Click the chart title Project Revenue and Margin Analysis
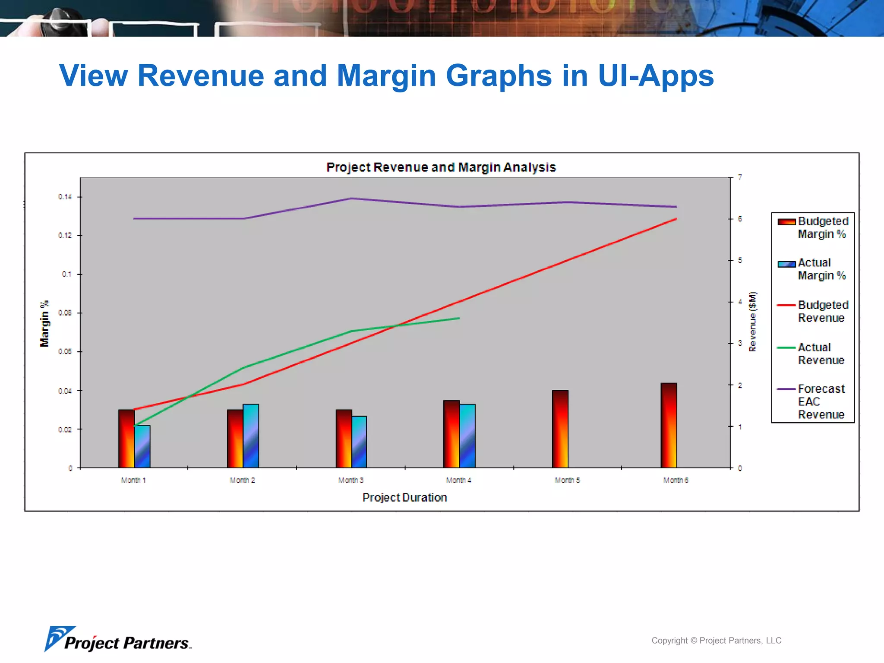click(x=441, y=167)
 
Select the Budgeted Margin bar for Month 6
click(x=669, y=425)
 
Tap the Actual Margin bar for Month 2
click(x=251, y=436)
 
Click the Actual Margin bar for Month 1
click(x=142, y=446)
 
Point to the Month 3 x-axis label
click(x=350, y=480)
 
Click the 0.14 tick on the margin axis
click(x=65, y=197)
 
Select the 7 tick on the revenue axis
click(x=740, y=177)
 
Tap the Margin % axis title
click(x=44, y=323)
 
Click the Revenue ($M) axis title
click(x=752, y=322)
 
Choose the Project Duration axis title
click(x=404, y=498)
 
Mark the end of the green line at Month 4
click(x=459, y=318)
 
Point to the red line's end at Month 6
click(x=676, y=219)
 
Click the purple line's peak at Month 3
click(x=351, y=199)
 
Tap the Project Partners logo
click(x=118, y=640)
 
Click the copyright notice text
click(x=716, y=641)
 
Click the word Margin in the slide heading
click(x=386, y=76)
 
